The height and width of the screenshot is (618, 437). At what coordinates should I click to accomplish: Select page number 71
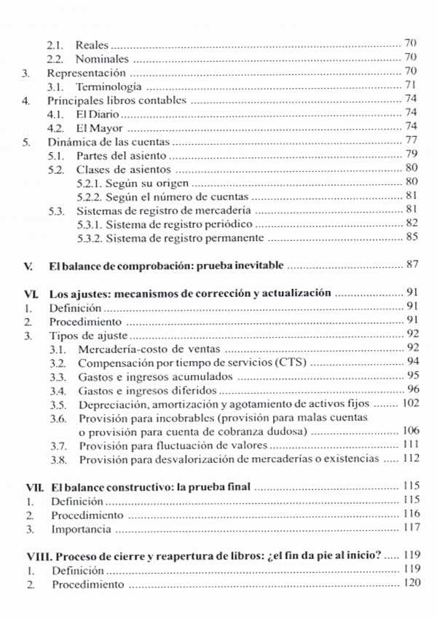[x=410, y=86]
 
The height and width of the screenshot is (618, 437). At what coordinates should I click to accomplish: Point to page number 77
[x=410, y=141]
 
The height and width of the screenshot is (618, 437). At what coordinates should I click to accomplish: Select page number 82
[x=410, y=223]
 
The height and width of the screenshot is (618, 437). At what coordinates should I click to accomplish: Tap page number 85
[x=410, y=237]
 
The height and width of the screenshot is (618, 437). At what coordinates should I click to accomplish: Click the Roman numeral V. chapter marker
[x=28, y=265]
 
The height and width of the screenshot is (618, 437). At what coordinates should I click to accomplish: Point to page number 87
[x=410, y=265]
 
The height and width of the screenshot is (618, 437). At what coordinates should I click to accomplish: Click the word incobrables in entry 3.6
[x=169, y=418]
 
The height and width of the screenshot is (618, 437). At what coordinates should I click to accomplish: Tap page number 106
[x=407, y=432]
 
